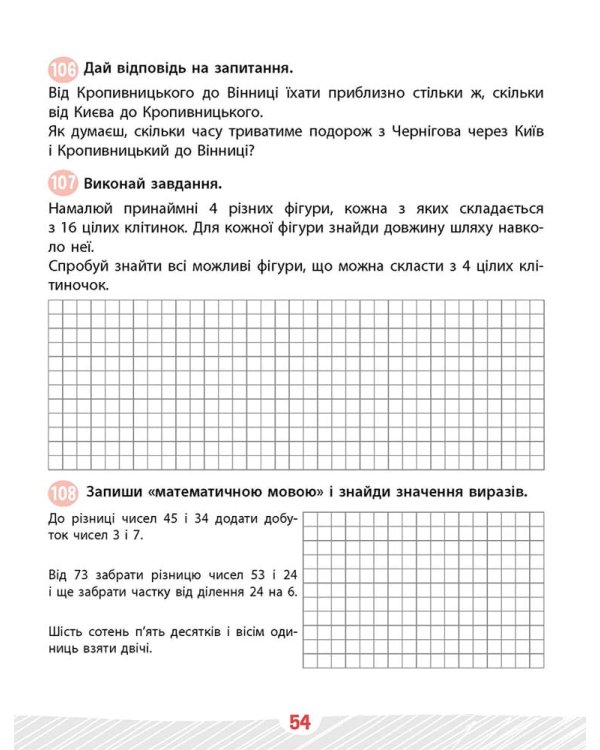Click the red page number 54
[300, 721]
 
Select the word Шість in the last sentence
[66, 631]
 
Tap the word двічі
[134, 650]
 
